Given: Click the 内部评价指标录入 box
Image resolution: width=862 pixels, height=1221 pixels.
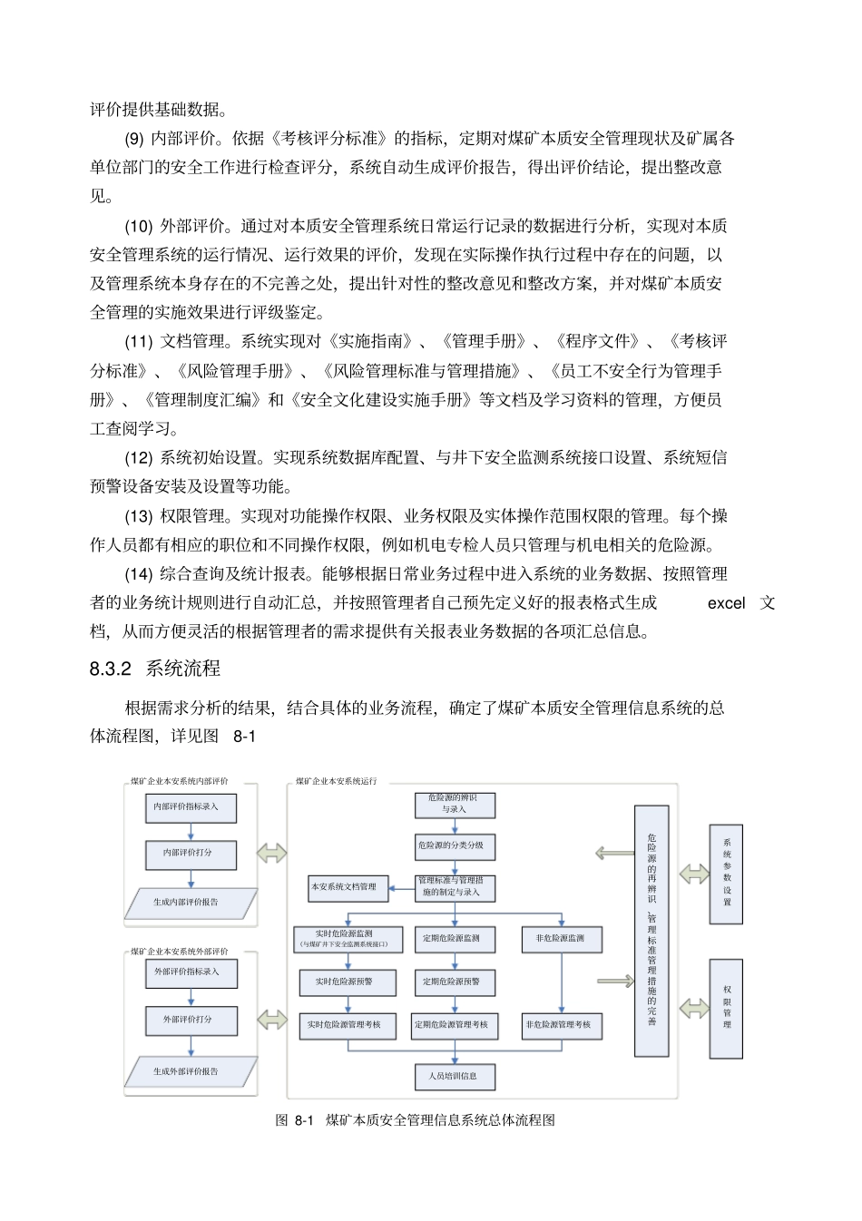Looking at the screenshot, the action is (x=191, y=806).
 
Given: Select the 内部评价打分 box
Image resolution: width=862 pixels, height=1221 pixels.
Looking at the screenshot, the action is (x=191, y=854).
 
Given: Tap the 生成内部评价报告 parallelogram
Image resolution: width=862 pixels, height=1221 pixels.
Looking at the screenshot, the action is (x=191, y=903).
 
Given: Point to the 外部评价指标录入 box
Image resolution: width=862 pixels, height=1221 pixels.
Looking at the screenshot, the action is (x=191, y=972).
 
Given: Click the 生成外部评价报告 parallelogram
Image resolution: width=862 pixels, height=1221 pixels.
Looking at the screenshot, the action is (x=191, y=1071).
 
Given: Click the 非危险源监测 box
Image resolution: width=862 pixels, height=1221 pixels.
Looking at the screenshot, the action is (x=562, y=938).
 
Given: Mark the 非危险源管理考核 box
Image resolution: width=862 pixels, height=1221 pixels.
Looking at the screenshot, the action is (x=562, y=1025).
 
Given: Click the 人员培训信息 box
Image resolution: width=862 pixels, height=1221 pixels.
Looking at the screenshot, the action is (x=455, y=1077).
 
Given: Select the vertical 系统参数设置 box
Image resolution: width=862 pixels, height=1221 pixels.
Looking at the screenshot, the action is (x=726, y=874).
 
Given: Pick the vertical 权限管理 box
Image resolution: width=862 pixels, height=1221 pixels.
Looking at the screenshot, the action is (x=726, y=1007).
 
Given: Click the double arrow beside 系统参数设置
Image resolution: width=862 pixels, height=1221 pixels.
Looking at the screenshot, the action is (x=694, y=874).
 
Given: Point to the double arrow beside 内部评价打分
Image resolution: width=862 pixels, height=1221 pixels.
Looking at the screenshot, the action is (x=271, y=854).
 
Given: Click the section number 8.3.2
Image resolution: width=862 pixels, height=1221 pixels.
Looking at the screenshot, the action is (x=111, y=669).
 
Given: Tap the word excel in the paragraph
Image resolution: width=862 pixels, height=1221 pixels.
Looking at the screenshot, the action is (x=726, y=603).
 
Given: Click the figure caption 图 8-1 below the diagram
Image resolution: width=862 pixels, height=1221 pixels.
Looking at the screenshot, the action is (x=295, y=1120).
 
